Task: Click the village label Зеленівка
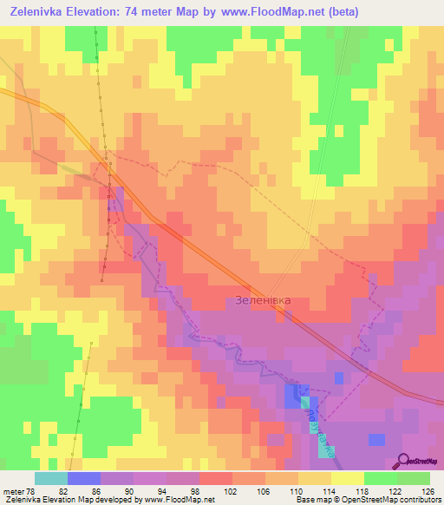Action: click(263, 300)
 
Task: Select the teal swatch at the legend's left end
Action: click(50, 478)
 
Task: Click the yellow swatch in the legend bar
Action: click(347, 478)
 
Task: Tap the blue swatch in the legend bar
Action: click(83, 478)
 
